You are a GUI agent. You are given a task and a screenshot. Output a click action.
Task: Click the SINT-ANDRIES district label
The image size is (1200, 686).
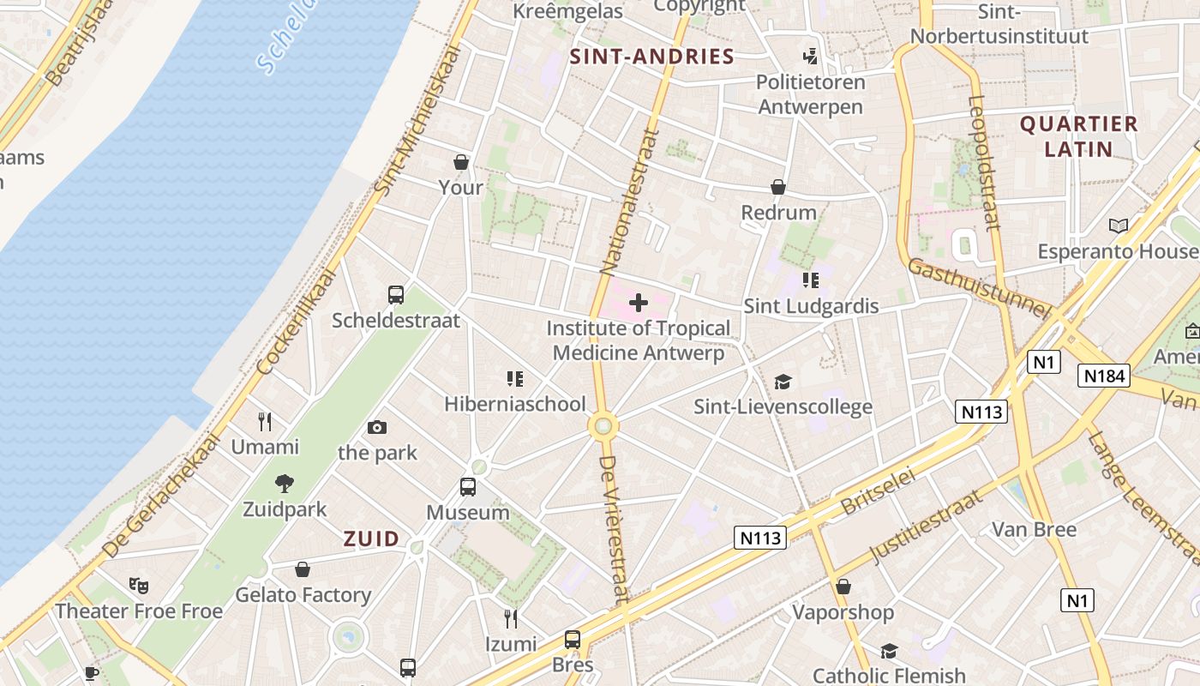tap(652, 57)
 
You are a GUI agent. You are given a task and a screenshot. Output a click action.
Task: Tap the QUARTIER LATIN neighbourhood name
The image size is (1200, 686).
tap(1078, 136)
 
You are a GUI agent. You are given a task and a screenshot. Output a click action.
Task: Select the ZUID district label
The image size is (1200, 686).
tap(371, 539)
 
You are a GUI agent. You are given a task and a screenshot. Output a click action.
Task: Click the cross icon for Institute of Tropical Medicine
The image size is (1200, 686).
tap(639, 303)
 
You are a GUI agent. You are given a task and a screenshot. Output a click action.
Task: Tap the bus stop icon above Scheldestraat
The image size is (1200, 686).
tap(396, 295)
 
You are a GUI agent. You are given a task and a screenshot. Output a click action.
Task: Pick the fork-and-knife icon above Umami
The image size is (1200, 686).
tap(265, 422)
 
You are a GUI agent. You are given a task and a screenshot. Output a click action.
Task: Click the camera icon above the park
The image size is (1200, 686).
tap(377, 427)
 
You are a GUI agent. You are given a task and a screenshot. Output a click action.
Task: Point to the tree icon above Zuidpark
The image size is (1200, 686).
tap(285, 484)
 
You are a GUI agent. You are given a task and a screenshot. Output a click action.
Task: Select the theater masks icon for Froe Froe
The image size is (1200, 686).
tap(138, 586)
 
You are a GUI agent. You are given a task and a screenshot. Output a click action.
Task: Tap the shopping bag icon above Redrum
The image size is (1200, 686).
tap(778, 187)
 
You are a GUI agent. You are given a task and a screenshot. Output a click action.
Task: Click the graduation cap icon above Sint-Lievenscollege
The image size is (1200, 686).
tap(783, 382)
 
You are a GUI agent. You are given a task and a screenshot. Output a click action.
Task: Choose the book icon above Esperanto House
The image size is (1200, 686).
tap(1118, 226)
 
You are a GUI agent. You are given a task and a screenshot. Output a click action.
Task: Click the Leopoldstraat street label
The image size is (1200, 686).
tap(984, 163)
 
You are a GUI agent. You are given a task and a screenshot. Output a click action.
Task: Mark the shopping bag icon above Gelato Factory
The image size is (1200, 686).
tap(303, 569)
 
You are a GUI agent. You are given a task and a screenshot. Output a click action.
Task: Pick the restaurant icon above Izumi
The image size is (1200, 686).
tap(511, 618)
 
